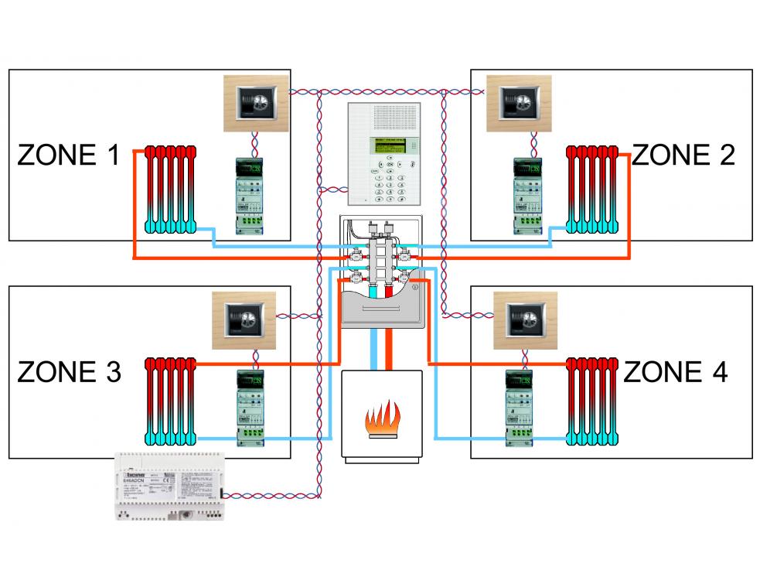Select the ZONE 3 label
tap(69, 373)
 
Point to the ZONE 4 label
tap(675, 373)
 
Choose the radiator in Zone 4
tap(592, 401)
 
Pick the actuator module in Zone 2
tap(529, 196)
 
